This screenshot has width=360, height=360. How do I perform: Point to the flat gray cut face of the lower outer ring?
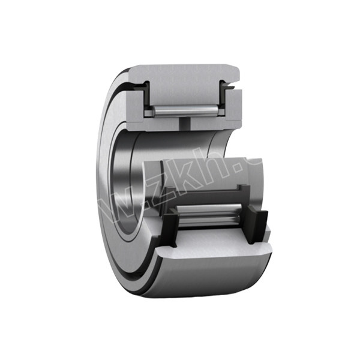pyautogui.click(x=210, y=246)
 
